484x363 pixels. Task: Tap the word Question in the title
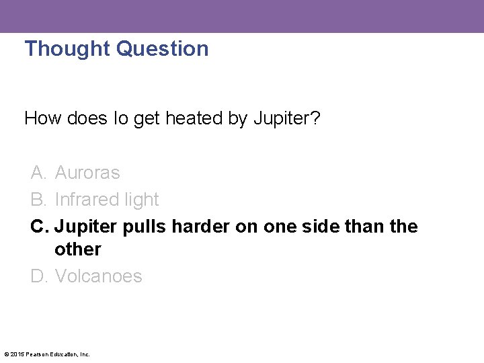pyautogui.click(x=163, y=48)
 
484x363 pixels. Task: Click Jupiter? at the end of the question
pyautogui.click(x=287, y=119)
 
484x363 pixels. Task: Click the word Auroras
pyautogui.click(x=87, y=173)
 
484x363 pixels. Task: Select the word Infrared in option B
pyautogui.click(x=84, y=200)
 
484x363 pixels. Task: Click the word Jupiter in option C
pyautogui.click(x=86, y=227)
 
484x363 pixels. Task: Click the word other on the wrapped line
pyautogui.click(x=78, y=249)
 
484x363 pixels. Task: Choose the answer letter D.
pyautogui.click(x=38, y=276)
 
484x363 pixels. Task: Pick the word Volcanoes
pyautogui.click(x=99, y=276)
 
